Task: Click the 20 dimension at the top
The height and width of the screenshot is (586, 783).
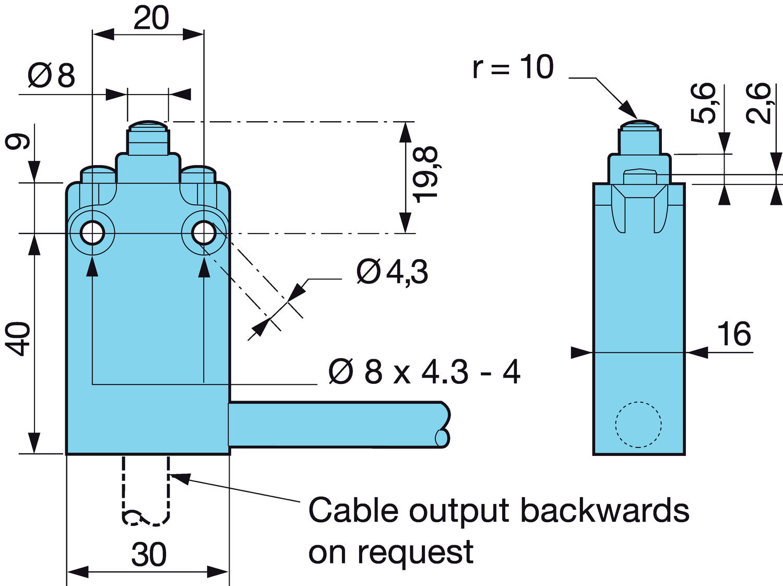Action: click(x=151, y=19)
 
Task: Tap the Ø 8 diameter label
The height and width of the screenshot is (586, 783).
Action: click(x=52, y=76)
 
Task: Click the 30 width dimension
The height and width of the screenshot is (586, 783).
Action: click(x=149, y=555)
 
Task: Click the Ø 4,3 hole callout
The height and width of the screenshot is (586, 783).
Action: click(x=392, y=272)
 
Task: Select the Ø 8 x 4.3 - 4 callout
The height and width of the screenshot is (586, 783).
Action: click(x=424, y=372)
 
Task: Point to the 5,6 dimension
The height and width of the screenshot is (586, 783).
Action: click(x=703, y=103)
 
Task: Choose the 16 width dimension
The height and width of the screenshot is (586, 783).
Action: click(x=734, y=334)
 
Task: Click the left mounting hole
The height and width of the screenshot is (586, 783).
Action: click(x=92, y=233)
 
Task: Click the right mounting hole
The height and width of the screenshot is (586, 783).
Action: click(x=204, y=233)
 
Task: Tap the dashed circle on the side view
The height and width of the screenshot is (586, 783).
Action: click(x=638, y=424)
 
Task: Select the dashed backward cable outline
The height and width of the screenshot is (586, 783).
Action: click(x=146, y=491)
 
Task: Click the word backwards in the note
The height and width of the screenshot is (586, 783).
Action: click(x=605, y=510)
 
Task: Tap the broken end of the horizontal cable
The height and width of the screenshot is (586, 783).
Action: click(x=443, y=424)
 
